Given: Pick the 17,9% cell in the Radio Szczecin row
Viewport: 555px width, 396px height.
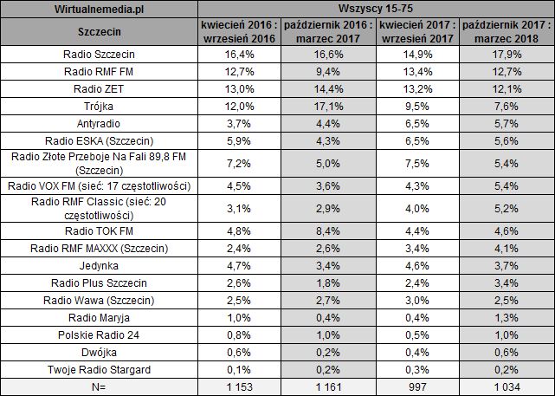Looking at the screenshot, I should point(507,53).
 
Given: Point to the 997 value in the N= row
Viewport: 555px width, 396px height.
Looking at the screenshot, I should point(416,387).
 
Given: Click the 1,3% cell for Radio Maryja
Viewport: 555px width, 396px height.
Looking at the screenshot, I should point(507,318).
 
